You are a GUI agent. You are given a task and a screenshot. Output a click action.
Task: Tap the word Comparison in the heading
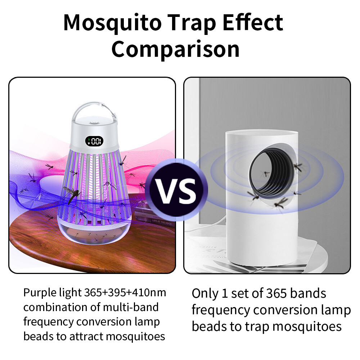[175, 49]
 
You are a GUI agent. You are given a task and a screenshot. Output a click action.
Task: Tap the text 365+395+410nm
[125, 293]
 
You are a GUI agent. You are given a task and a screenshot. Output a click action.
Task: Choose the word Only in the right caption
[204, 293]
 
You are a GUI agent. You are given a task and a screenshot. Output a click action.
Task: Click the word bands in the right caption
[308, 293]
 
